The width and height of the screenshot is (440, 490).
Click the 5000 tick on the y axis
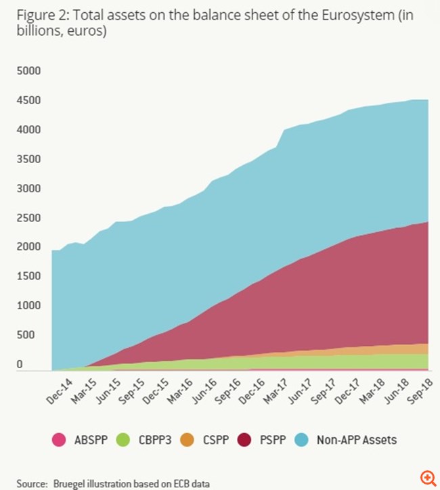pos(28,70)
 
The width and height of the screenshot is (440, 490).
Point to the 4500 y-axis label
pos(28,100)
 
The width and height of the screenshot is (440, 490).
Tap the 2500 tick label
pos(28,218)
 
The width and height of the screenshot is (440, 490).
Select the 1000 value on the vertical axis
pos(28,306)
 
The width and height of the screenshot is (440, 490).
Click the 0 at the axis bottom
pos(20,365)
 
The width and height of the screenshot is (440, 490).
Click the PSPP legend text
pos(267,440)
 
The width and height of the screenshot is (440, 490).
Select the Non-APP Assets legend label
pos(357,440)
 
